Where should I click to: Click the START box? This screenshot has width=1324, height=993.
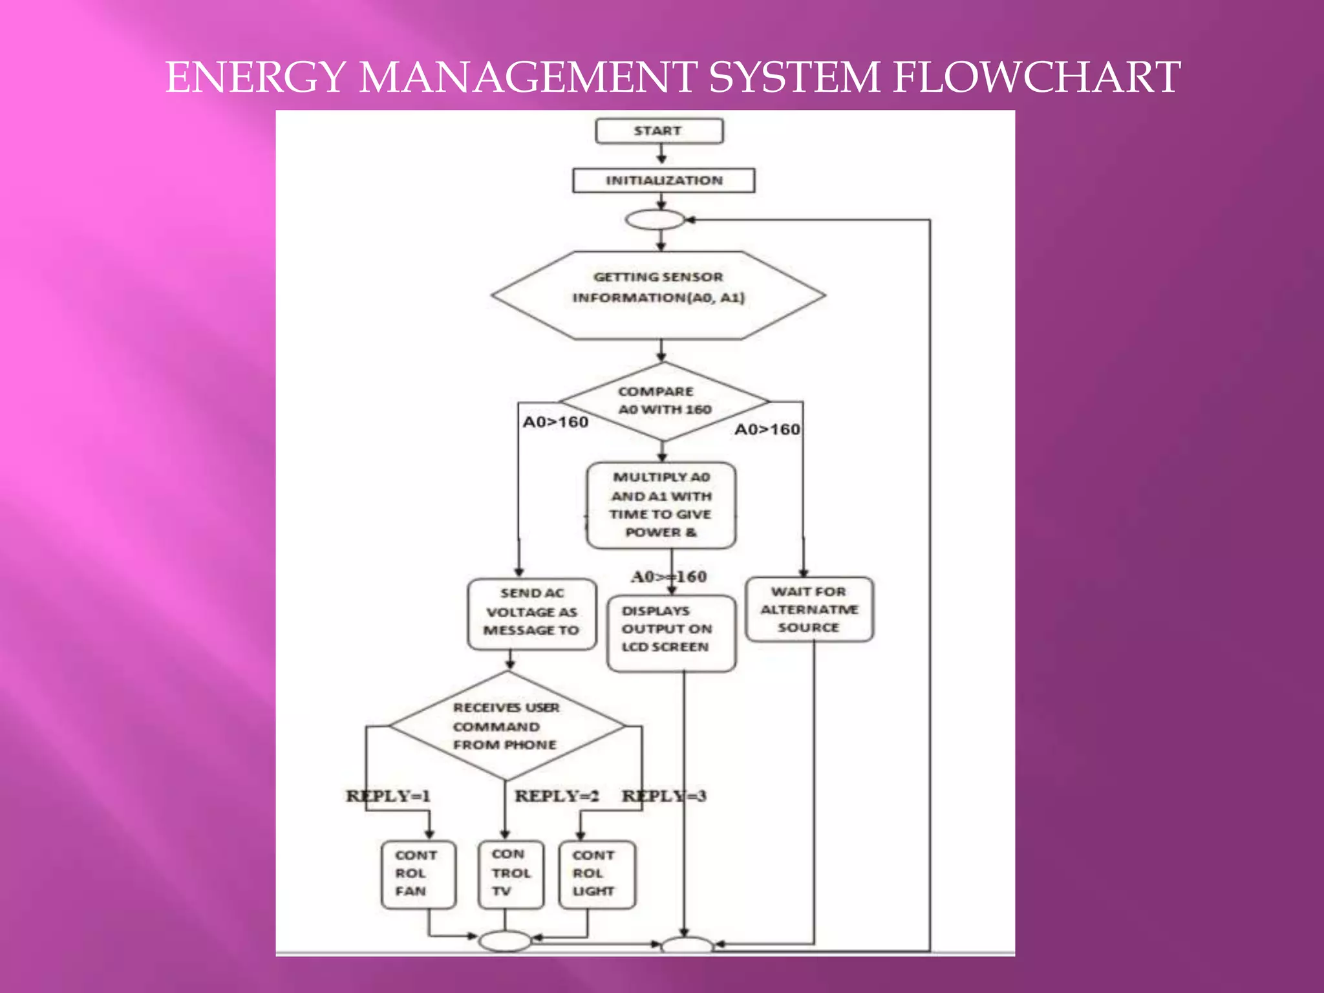[658, 131]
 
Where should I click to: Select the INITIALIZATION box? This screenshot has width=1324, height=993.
[663, 180]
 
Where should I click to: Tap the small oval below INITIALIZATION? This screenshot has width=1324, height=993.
[655, 220]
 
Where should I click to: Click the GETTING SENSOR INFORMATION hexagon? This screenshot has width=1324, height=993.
[658, 295]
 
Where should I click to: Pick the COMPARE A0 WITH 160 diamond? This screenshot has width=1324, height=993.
[663, 401]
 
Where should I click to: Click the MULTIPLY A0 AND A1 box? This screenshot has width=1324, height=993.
[661, 505]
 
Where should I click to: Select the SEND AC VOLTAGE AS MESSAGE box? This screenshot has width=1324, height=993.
[531, 613]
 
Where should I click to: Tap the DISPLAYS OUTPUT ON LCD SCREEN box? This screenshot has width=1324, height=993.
[670, 632]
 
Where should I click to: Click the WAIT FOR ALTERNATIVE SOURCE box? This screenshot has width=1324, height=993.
[809, 609]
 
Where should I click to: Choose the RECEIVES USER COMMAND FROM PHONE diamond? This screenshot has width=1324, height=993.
[506, 725]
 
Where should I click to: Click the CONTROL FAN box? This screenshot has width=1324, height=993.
[418, 874]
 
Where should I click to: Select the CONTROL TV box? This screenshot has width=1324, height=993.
[511, 874]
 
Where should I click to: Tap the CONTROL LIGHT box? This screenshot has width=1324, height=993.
[596, 874]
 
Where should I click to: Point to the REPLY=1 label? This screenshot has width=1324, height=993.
[388, 796]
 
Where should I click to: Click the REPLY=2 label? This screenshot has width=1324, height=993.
[557, 796]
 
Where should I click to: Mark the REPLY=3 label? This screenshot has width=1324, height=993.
[664, 796]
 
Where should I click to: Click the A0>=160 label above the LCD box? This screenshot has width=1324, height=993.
[668, 577]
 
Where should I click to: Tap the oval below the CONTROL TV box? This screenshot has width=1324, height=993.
[505, 941]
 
